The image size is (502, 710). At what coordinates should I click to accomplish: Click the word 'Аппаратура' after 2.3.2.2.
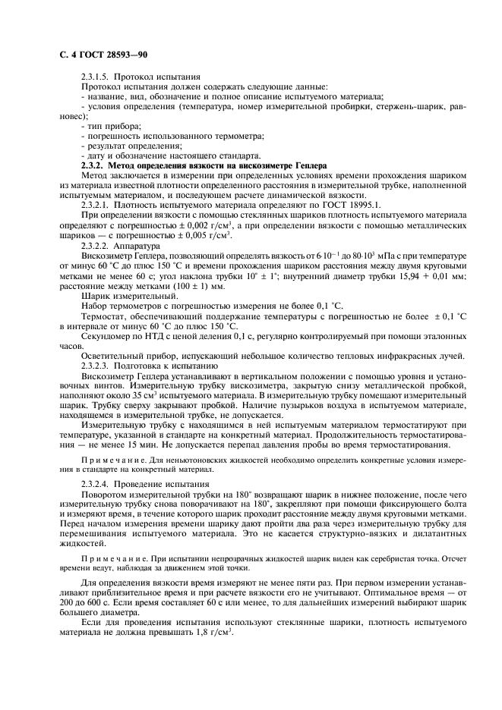click(139, 247)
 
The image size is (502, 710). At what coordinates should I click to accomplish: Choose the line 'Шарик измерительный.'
click(123, 298)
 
